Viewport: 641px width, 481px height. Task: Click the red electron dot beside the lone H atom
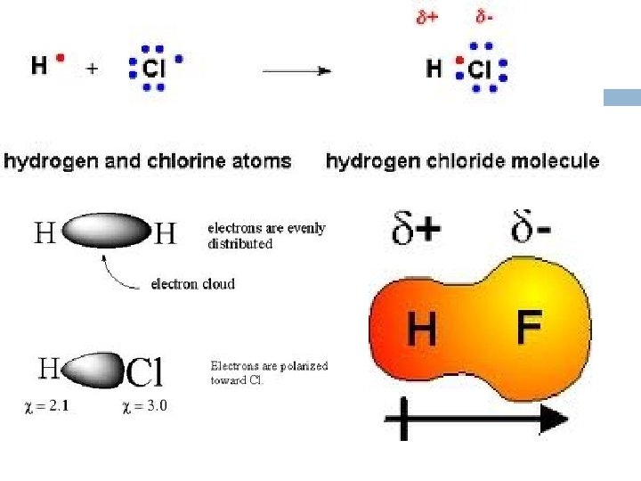tap(61, 59)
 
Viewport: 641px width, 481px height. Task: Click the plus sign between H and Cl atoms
tap(92, 67)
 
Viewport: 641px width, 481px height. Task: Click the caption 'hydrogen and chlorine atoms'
tap(148, 161)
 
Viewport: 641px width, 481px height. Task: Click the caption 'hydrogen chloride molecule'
tap(463, 161)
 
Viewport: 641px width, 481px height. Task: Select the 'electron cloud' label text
tap(192, 284)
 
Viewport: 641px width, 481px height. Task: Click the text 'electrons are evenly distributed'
tap(266, 235)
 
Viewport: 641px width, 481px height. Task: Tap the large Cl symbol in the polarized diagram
tap(144, 372)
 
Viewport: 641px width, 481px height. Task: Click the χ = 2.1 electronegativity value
tap(45, 406)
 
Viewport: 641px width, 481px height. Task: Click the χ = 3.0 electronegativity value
tap(143, 406)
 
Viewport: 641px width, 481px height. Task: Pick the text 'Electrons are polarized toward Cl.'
tap(269, 372)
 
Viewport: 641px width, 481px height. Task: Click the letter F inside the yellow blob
tap(530, 329)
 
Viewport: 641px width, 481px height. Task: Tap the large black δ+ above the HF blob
tap(415, 231)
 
